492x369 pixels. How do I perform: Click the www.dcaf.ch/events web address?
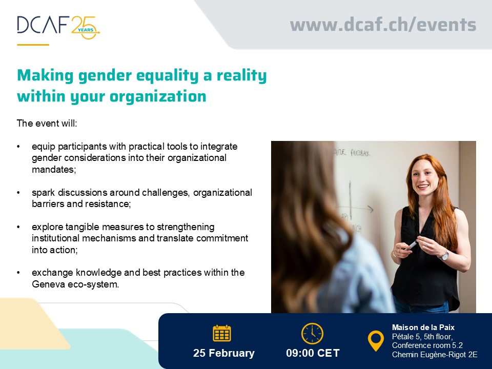tap(383, 25)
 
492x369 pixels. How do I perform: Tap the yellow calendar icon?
tap(222, 334)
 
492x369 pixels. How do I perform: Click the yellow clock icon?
tap(312, 334)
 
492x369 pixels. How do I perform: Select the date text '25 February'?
tap(223, 353)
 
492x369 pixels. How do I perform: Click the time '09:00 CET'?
tap(313, 353)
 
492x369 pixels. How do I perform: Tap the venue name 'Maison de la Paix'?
tap(423, 327)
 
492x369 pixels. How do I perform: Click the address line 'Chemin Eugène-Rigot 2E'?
tap(435, 354)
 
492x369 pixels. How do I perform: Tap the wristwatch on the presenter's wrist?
tap(444, 255)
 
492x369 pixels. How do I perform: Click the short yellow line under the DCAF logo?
tap(33, 45)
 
